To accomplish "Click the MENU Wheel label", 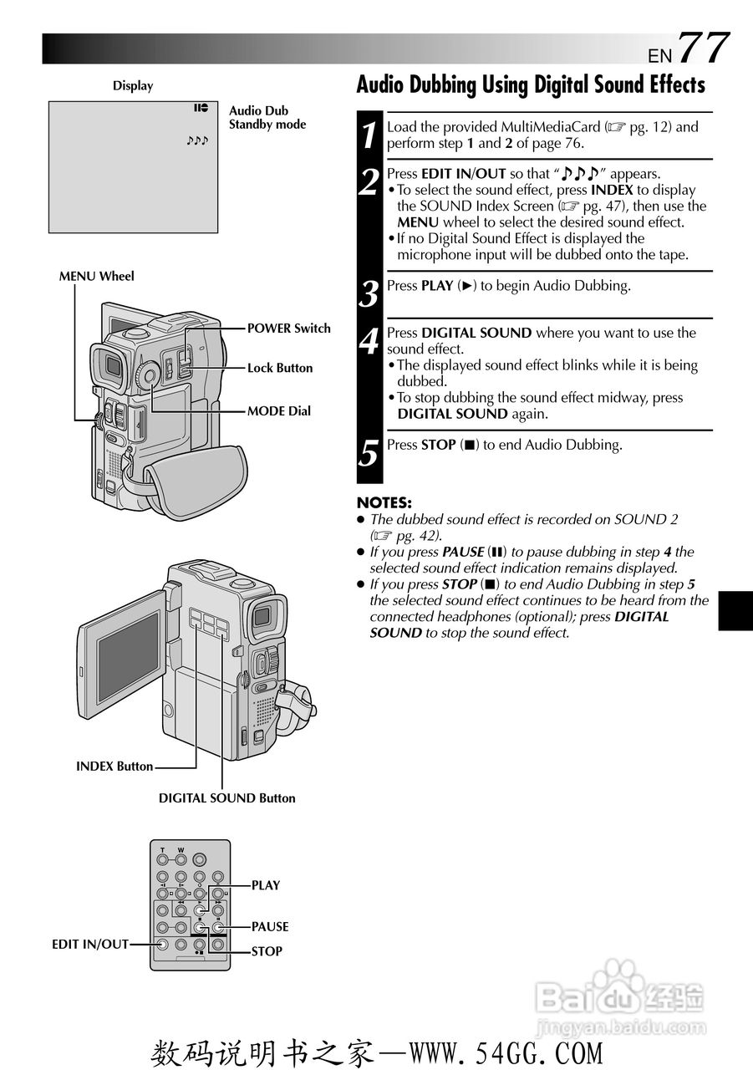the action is pos(96,276).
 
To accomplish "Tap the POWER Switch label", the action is pos(289,329).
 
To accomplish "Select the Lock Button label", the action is pos(280,368).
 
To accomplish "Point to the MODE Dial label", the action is pos(279,410).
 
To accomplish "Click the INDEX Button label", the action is pos(114,767).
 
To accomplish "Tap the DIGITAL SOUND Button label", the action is pos(226,798).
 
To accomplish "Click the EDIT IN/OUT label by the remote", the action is pos(90,945).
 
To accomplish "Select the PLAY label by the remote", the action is pos(266,885).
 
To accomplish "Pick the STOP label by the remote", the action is pos(267,951).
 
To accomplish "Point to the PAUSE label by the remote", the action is pos(270,927).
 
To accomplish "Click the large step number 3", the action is pos(369,293).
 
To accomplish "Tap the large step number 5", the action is pos(369,453).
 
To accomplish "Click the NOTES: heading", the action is pos(384,502).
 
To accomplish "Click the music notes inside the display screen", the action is pos(197,140).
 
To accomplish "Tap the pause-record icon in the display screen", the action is pos(201,108).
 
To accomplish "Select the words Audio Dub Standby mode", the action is pos(267,118).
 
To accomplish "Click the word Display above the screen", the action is pos(133,86).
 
